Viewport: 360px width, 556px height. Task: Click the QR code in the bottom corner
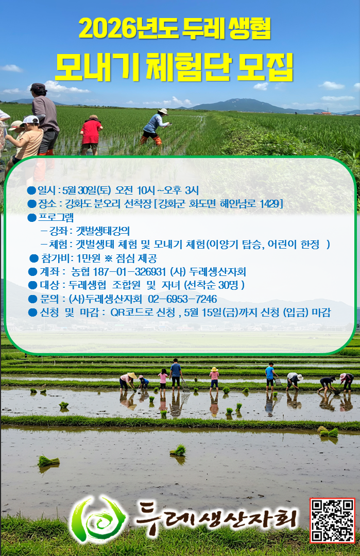click(x=332, y=520)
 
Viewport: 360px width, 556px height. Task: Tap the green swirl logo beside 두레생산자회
click(x=98, y=519)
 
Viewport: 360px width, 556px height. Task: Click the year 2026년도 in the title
click(x=129, y=29)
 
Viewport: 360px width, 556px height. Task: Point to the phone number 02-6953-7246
click(x=182, y=299)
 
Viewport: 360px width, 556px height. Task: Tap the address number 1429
click(x=270, y=204)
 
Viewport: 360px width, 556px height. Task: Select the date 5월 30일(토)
click(x=87, y=190)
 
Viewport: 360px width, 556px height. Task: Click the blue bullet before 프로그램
click(x=32, y=218)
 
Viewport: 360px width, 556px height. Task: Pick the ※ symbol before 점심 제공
click(x=109, y=258)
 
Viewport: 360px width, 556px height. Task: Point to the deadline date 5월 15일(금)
click(x=211, y=312)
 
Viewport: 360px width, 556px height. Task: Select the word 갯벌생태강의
click(x=103, y=231)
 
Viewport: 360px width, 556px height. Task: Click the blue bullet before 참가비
click(x=34, y=258)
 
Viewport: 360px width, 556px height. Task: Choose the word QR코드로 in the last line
click(x=143, y=312)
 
